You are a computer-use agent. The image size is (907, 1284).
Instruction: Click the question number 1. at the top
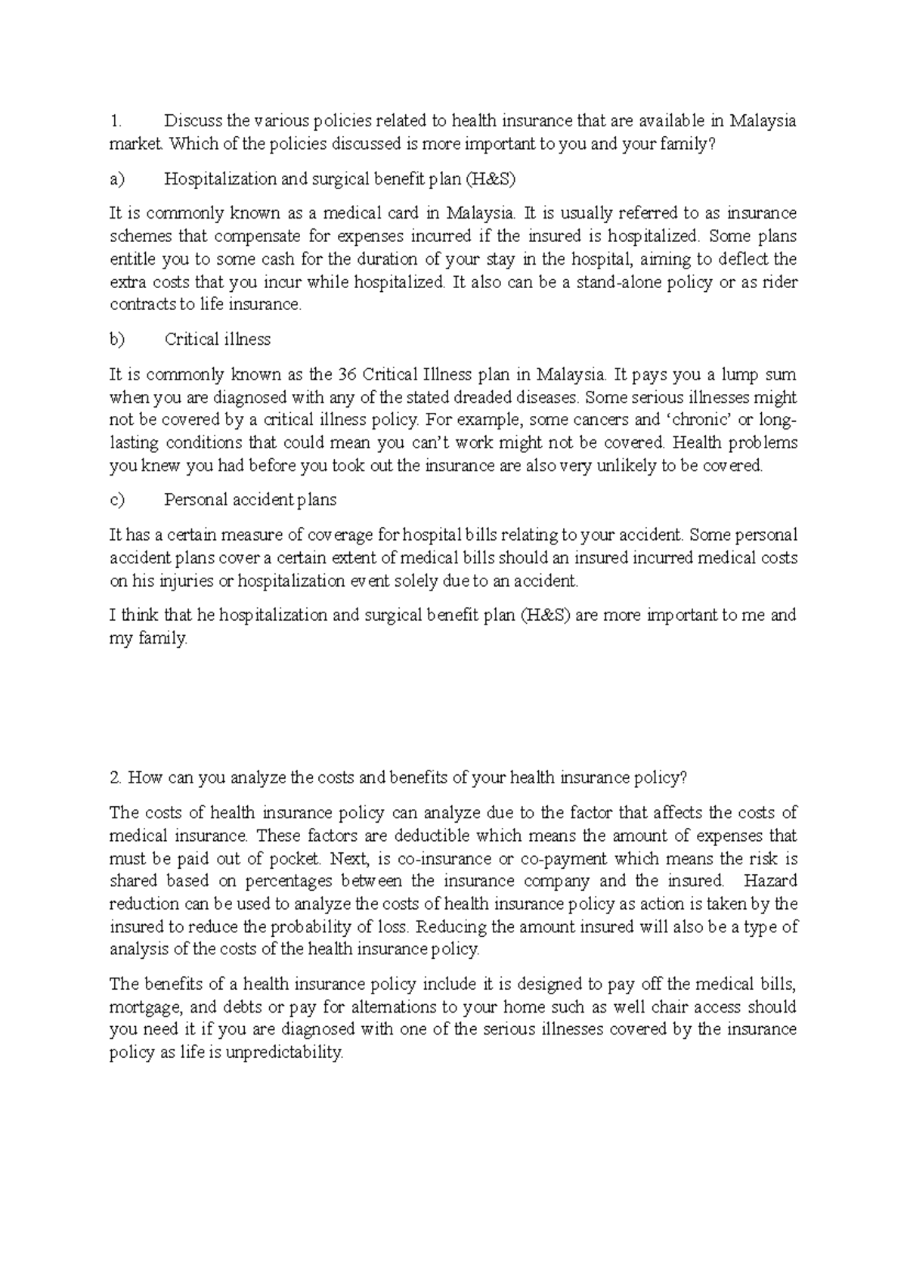[x=115, y=121]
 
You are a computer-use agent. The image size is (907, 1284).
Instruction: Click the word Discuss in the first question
[x=186, y=121]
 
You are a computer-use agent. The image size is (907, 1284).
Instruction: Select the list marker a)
[x=117, y=179]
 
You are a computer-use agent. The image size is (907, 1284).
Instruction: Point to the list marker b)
[x=117, y=340]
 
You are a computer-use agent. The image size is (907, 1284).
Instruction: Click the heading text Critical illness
[x=218, y=340]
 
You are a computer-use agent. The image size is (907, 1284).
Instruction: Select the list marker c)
[x=117, y=500]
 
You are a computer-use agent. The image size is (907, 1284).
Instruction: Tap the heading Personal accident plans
[x=250, y=500]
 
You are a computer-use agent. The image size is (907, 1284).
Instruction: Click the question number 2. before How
[x=116, y=778]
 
